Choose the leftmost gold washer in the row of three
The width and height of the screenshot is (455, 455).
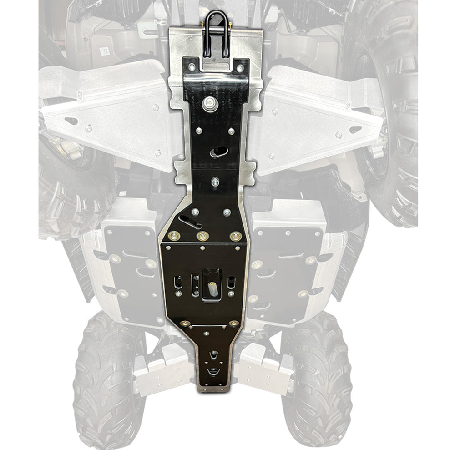click(x=173, y=236)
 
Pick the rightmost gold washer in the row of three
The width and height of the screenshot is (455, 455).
click(x=236, y=236)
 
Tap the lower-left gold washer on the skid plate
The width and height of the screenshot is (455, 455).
click(x=185, y=324)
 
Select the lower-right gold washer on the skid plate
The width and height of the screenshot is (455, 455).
click(x=234, y=324)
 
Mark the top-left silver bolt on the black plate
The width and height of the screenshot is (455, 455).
click(x=191, y=67)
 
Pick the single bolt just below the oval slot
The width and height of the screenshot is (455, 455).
click(x=215, y=182)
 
